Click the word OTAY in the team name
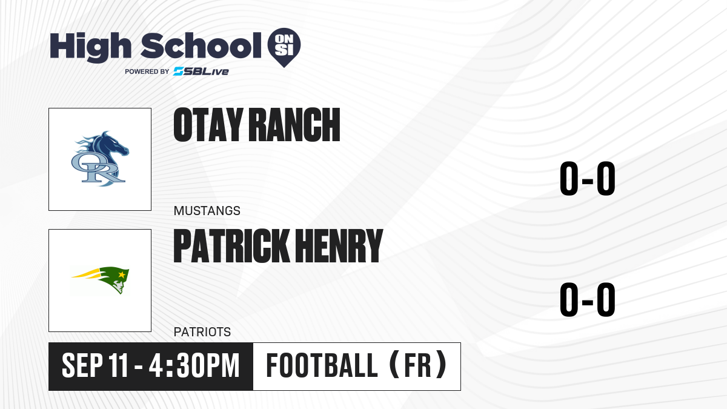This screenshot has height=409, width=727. pos(208,125)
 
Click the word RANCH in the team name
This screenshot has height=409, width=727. pos(294,125)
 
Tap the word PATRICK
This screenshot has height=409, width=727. pos(231,245)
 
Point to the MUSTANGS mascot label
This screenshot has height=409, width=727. pos(207,211)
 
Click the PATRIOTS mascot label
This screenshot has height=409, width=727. pos(202,332)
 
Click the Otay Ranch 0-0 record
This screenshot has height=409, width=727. pos(588,179)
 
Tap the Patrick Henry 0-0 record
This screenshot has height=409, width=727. pos(588,299)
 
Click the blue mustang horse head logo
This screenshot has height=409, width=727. pos(101,159)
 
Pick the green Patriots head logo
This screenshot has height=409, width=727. pos(101,280)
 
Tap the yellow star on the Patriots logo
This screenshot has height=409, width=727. pos(122,275)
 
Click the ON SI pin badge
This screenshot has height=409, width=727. pos(284,47)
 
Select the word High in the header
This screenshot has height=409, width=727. pos(91,47)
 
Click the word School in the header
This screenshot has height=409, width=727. pos(201,45)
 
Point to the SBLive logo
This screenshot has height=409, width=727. pos(201,71)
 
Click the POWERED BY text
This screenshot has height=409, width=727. pos(147,71)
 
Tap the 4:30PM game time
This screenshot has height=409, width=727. pos(194,366)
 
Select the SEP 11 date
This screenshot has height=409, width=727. pos(95,366)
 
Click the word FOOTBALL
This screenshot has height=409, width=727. pos(322,366)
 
